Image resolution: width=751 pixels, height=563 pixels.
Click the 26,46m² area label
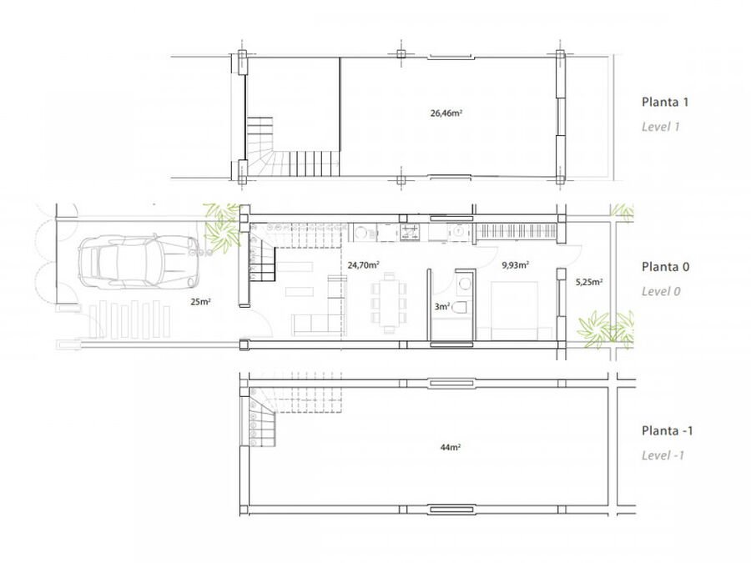446,113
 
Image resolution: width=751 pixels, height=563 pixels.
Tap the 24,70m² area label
364,264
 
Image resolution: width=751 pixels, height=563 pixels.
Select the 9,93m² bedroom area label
516,264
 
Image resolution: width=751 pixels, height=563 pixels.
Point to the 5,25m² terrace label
589,282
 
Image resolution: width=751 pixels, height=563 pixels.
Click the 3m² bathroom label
441,306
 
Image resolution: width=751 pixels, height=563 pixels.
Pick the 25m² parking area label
200,302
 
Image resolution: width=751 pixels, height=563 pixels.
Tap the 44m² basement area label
451,447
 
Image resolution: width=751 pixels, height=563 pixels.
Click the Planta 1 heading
665,102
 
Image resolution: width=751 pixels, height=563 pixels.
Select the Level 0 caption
661,291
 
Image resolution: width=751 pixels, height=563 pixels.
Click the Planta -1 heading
668,431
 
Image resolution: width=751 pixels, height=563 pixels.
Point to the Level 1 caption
661,127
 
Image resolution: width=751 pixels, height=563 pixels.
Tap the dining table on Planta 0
388,303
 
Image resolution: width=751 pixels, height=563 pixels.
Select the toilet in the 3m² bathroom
459,307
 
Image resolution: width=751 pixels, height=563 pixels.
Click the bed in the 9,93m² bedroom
514,310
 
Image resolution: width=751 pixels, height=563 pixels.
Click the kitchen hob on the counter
411,232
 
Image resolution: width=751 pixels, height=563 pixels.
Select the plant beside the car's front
223,228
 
